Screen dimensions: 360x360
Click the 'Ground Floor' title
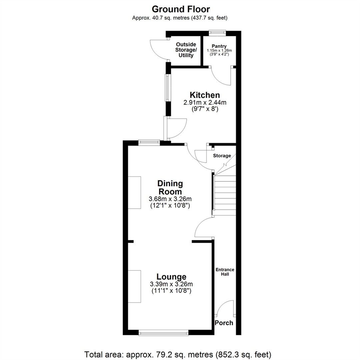pyautogui.click(x=181, y=9)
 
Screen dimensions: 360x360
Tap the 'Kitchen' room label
pyautogui.click(x=205, y=95)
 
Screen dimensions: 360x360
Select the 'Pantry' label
pyautogui.click(x=219, y=46)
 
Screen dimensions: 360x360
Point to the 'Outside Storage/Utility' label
pyautogui.click(x=186, y=50)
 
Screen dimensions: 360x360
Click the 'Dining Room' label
pyautogui.click(x=170, y=188)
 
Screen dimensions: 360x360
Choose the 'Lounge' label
pyautogui.click(x=171, y=277)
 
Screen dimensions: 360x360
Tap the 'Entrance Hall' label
pyautogui.click(x=225, y=272)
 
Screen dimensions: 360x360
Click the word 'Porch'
pyautogui.click(x=224, y=323)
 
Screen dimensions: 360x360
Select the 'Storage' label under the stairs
pyautogui.click(x=222, y=156)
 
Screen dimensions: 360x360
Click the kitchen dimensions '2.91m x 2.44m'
pyautogui.click(x=205, y=103)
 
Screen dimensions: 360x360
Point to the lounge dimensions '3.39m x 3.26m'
pyautogui.click(x=171, y=284)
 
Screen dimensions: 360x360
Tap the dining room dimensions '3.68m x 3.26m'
pyautogui.click(x=170, y=199)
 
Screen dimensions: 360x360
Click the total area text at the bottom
pyautogui.click(x=178, y=353)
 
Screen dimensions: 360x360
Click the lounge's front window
pyautogui.click(x=163, y=332)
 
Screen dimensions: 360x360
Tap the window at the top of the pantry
pyautogui.click(x=217, y=32)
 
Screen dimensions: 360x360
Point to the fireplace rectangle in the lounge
pyautogui.click(x=135, y=286)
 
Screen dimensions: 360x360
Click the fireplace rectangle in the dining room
pyautogui.click(x=135, y=192)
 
